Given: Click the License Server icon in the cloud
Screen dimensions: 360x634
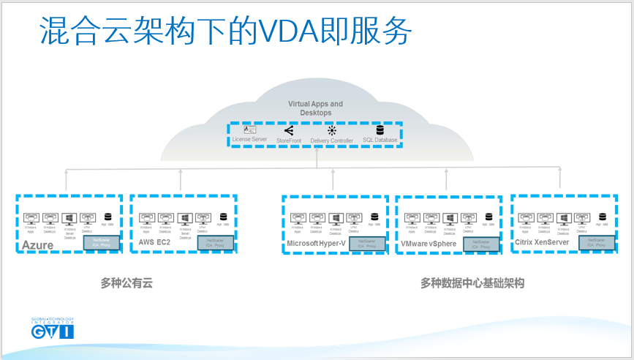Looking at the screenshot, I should click(249, 130).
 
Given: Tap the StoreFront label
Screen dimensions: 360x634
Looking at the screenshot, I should click(289, 139).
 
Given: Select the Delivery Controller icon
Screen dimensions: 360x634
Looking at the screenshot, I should click(331, 130).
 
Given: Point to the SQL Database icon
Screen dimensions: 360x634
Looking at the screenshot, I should click(380, 130).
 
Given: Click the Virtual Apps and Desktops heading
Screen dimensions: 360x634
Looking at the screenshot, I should click(315, 108).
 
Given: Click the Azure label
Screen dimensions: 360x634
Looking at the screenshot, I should click(37, 245).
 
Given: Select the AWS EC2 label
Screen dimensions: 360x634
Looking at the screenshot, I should click(154, 242).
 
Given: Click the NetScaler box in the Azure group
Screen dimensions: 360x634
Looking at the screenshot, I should click(101, 243).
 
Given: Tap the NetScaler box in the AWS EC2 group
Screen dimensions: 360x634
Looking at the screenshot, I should click(215, 243).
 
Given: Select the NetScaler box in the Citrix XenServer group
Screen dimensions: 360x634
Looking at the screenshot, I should click(596, 243).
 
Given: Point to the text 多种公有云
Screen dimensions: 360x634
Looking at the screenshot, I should click(127, 282).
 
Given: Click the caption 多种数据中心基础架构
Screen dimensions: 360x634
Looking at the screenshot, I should click(472, 282).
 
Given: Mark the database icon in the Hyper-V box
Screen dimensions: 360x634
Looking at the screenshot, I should click(374, 217).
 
